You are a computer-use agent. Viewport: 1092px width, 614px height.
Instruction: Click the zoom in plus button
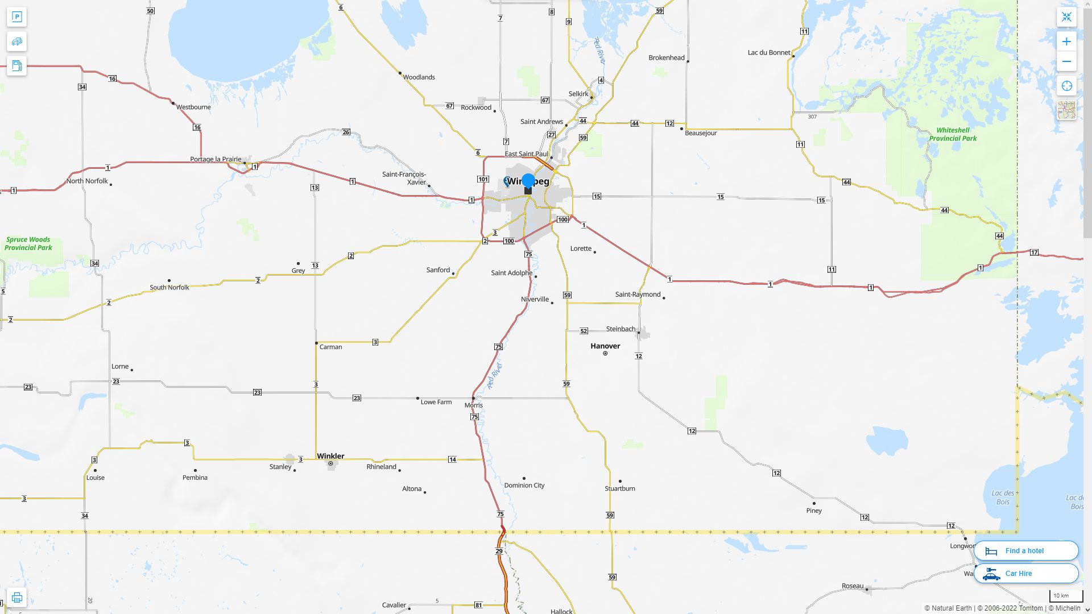point(1066,42)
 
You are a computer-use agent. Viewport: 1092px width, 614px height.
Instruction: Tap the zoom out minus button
point(1066,61)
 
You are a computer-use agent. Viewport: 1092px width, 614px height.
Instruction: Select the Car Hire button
point(1026,574)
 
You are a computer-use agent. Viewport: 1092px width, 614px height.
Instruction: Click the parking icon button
point(16,17)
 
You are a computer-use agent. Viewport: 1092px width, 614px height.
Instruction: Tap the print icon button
point(16,598)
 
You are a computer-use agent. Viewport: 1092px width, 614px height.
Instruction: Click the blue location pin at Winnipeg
point(528,181)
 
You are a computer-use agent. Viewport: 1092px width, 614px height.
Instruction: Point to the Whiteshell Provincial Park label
point(953,134)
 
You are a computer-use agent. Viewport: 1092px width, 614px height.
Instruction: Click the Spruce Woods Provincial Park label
point(28,243)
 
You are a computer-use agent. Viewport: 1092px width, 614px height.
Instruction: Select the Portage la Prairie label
point(216,159)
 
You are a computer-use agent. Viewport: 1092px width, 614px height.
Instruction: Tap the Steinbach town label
point(621,329)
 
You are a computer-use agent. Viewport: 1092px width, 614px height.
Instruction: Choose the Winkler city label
point(330,456)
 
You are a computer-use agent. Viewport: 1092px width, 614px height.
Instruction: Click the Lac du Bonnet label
point(768,53)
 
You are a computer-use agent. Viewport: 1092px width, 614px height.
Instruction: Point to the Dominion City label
point(524,486)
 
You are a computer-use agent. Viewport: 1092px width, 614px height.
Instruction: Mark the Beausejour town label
point(701,133)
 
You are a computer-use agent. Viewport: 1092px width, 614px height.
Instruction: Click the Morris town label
point(473,405)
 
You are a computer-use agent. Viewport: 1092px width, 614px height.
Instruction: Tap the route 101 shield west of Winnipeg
point(483,179)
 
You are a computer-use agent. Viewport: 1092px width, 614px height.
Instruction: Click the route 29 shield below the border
point(499,551)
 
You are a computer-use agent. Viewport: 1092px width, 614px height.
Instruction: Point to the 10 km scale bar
point(1065,596)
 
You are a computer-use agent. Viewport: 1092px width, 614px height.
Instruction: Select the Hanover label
point(605,346)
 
